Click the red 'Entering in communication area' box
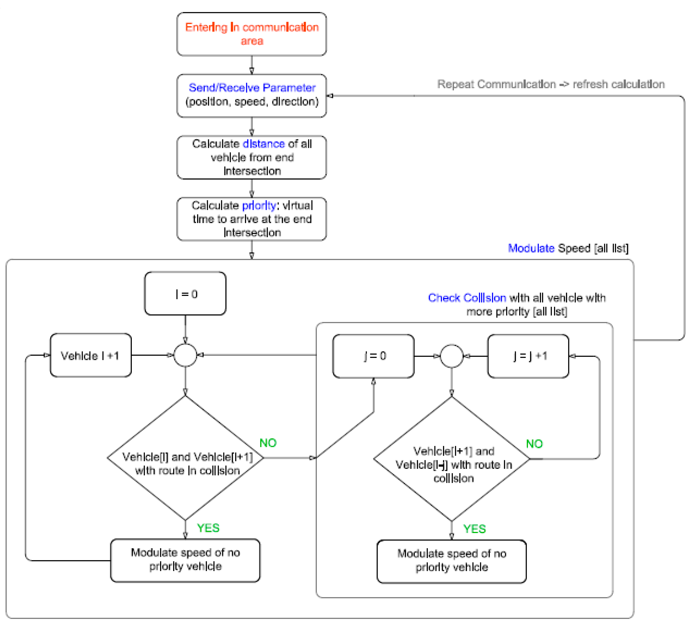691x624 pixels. pos(251,34)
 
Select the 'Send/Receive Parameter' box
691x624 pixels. pos(251,95)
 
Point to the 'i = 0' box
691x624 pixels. pos(185,294)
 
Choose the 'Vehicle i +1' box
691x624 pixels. pos(91,355)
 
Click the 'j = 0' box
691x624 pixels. pos(373,356)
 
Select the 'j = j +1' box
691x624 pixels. pos(528,356)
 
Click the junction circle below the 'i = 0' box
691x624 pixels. pos(185,355)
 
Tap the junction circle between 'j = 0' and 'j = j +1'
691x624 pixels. pos(451,356)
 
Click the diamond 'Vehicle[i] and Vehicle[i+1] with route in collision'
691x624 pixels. pos(185,458)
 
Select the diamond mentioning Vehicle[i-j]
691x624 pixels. pos(451,459)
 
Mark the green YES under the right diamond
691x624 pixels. pos(474,529)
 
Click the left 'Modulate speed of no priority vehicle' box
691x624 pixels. pos(185,560)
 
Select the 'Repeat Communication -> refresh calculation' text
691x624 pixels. pos(551,84)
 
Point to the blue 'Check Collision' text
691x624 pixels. pos(467,298)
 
